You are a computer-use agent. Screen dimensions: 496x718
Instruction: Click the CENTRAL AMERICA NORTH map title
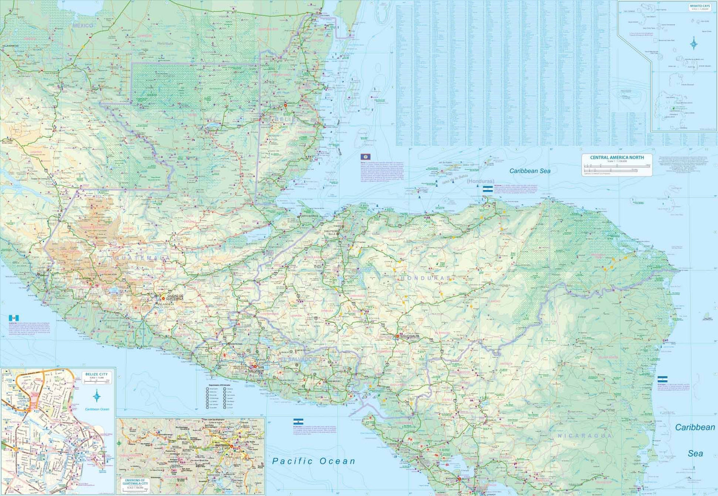point(617,157)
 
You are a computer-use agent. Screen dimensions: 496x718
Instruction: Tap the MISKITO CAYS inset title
point(700,6)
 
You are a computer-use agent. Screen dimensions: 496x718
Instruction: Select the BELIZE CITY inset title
point(97,375)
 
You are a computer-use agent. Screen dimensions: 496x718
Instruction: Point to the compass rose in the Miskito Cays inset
point(694,44)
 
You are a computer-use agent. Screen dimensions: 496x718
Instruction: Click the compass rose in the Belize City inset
point(97,396)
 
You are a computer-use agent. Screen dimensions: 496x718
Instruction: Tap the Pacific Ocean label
point(314,461)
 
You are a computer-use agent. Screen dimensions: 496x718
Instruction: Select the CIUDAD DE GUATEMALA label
point(175,297)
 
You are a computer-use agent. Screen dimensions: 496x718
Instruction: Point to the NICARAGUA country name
point(584,436)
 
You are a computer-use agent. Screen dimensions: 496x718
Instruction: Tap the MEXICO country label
point(83,25)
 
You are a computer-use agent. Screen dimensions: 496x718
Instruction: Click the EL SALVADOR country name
point(298,359)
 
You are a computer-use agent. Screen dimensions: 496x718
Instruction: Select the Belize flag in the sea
point(365,157)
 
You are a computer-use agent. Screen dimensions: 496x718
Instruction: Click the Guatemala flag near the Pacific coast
point(14,318)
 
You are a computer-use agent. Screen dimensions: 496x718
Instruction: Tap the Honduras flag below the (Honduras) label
point(487,190)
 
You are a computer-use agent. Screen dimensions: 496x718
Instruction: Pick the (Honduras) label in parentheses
point(481,181)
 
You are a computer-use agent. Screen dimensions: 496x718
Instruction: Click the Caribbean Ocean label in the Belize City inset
point(97,409)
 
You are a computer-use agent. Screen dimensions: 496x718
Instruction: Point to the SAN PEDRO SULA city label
point(331,232)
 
